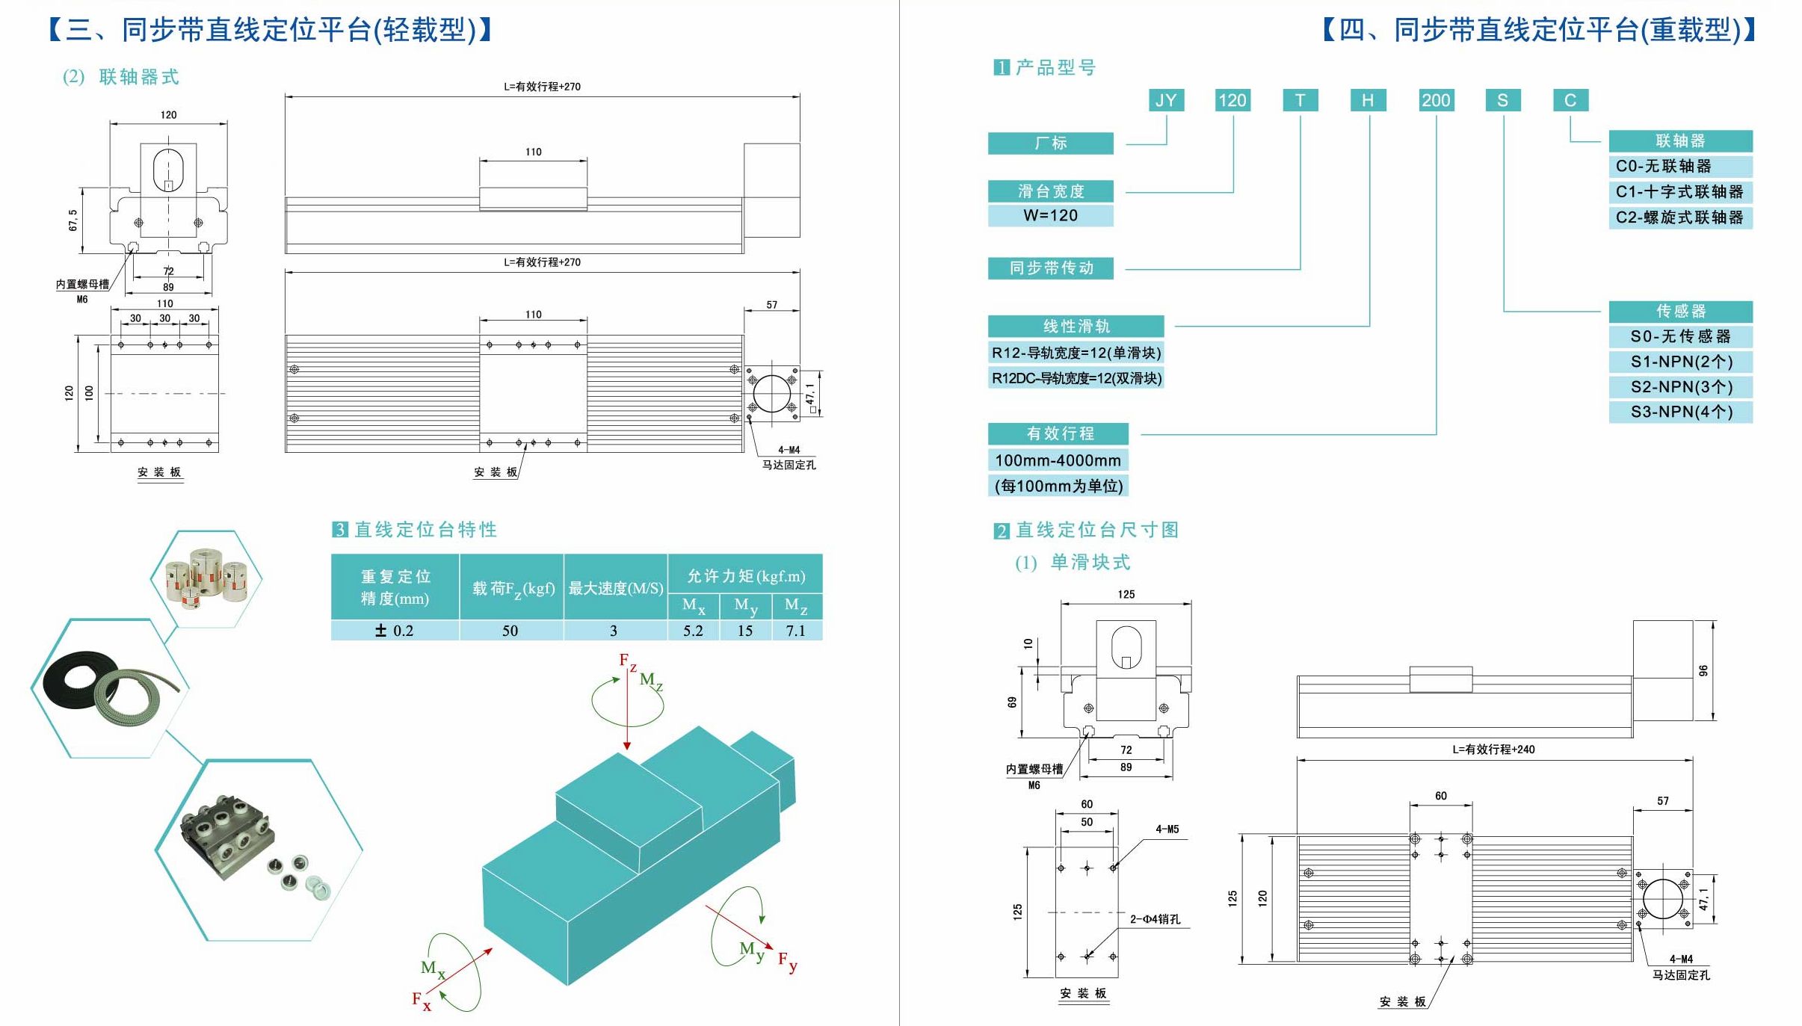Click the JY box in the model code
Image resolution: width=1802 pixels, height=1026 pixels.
[1166, 101]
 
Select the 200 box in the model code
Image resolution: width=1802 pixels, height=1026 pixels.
[1436, 101]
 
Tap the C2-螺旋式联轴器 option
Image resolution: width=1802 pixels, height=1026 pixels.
[1679, 217]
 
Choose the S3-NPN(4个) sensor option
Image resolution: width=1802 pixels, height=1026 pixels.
[1681, 412]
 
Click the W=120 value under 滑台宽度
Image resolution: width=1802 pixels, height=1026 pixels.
[1050, 216]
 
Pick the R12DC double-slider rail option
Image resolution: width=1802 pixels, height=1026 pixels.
[1076, 378]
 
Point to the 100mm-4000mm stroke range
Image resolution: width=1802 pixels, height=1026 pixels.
[1058, 460]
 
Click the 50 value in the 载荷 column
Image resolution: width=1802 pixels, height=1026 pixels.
[510, 631]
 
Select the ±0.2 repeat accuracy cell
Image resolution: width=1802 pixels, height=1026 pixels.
[395, 631]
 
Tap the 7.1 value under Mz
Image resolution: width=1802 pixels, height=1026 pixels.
[795, 631]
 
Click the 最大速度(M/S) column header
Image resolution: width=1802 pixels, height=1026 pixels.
[615, 588]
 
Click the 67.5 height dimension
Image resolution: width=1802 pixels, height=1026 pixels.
[72, 220]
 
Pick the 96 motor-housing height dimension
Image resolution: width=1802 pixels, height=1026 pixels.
[1703, 670]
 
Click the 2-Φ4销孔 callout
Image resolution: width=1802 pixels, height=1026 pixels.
[1155, 919]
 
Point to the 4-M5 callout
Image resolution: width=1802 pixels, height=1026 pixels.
[1167, 829]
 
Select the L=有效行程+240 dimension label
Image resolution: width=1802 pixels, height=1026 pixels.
[1493, 750]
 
